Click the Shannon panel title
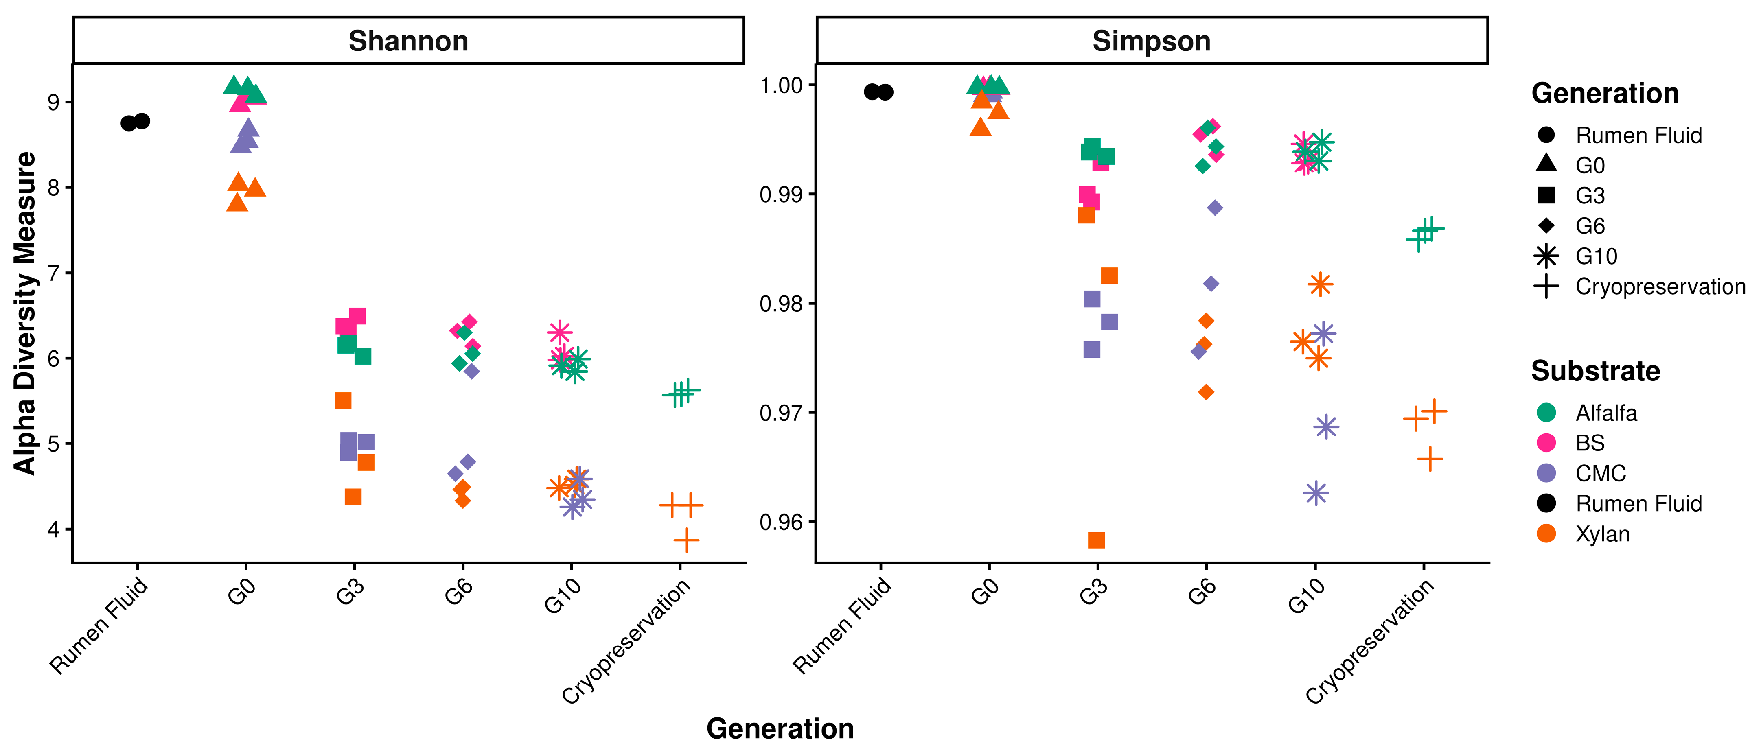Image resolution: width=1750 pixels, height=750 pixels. tap(408, 42)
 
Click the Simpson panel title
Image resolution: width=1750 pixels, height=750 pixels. tap(1152, 42)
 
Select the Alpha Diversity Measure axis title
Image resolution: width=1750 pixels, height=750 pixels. tap(25, 313)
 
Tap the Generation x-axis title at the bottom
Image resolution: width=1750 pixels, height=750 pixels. tap(780, 728)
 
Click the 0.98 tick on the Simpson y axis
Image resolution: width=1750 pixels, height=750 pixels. tap(781, 303)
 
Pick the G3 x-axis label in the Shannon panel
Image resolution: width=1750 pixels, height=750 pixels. tap(350, 591)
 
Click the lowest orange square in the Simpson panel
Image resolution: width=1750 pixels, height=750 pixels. tap(1097, 540)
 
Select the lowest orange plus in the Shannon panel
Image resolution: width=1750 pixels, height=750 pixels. tap(686, 541)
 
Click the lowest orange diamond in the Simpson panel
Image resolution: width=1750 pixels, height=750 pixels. tap(1206, 392)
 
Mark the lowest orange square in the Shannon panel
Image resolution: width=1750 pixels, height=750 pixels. tap(353, 497)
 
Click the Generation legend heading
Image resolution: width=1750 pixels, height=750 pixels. tap(1605, 93)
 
